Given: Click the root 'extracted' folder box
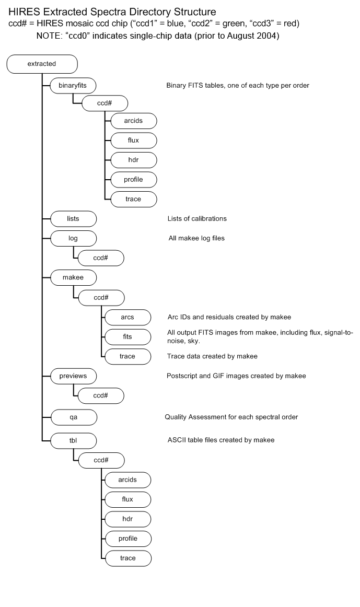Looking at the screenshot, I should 42,65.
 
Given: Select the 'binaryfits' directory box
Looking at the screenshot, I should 74,85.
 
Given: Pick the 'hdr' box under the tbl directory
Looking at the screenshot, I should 128,519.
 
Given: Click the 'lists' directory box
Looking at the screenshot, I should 74,218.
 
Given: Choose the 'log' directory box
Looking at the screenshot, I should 74,238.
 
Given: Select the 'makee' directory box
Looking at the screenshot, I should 74,278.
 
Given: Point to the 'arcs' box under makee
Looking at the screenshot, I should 128,317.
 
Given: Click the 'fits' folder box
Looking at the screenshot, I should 128,336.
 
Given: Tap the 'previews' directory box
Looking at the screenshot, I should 74,376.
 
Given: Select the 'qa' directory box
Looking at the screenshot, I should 74,416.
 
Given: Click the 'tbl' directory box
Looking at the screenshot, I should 74,440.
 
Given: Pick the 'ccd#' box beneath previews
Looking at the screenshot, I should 101,395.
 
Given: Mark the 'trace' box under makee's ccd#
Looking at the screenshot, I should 128,356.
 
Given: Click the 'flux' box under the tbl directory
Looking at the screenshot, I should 128,499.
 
